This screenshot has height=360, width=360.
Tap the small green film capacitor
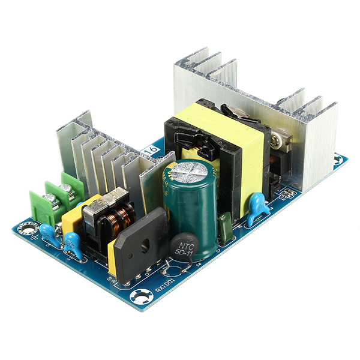(x=226, y=227)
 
